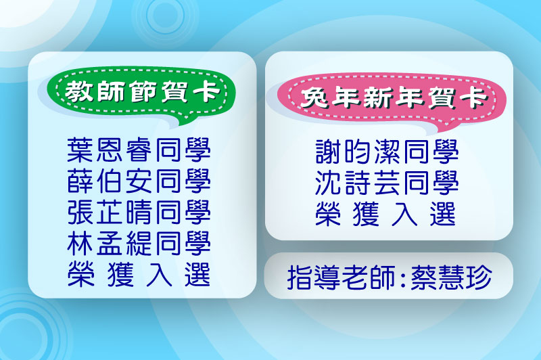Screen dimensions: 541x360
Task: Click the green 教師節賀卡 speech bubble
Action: pos(141,93)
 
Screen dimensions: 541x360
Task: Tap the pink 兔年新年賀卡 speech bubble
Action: pos(392,98)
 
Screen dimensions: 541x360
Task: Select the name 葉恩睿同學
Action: pos(139,150)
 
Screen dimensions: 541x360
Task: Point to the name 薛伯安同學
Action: pos(139,181)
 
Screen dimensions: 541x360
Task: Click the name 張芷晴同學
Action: pos(139,212)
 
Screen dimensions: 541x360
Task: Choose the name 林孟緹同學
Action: pos(139,244)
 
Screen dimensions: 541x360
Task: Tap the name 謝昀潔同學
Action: pos(387,152)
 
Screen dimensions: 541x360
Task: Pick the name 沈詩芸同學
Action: pos(387,183)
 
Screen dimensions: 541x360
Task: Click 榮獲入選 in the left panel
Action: pos(139,275)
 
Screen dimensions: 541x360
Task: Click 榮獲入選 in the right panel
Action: pos(385,214)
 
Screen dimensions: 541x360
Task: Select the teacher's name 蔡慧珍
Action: pos(451,277)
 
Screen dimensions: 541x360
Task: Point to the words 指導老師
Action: pos(341,277)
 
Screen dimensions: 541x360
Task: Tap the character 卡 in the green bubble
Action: pos(206,92)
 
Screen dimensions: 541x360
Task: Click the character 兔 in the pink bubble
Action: pos(314,97)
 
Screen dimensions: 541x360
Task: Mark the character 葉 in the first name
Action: pos(80,150)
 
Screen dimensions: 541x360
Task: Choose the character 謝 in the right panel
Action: pos(328,152)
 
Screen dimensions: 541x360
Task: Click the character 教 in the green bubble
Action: pos(78,92)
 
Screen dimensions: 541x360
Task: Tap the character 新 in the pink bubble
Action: pos(377,97)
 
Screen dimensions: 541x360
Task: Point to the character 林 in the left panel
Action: pos(80,244)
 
